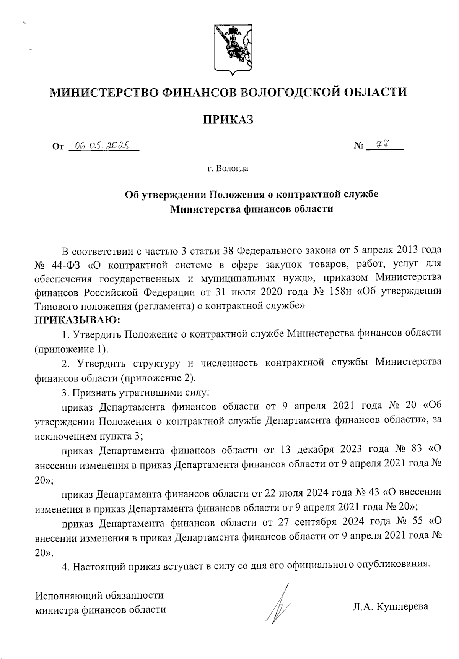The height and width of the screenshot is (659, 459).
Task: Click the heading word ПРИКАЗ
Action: (228, 120)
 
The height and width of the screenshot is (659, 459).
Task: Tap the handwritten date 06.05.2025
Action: (101, 146)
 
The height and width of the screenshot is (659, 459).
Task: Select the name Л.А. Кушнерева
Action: (390, 606)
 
